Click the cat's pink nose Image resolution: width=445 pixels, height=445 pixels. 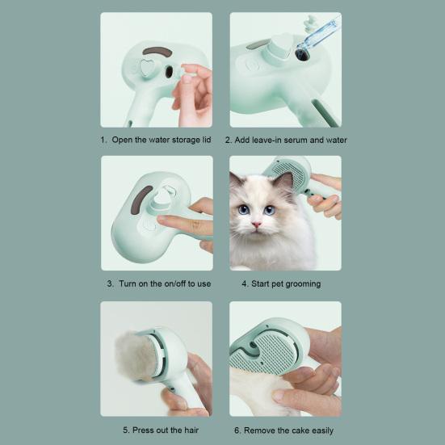pos(256,225)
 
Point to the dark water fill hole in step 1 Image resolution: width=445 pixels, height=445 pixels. pos(169,72)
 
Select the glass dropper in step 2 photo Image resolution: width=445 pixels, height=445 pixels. pos(318,37)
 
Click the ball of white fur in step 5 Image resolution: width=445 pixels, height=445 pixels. pos(136,356)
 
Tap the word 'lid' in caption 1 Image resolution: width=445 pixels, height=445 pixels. pos(207,140)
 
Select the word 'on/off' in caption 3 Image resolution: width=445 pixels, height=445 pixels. pos(174,283)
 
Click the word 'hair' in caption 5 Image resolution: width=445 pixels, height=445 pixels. pos(191,430)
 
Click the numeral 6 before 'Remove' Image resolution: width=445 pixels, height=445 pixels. pos(237,430)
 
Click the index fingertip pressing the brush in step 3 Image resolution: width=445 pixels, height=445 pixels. pos(162,219)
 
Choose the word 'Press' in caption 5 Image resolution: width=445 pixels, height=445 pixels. pos(144,430)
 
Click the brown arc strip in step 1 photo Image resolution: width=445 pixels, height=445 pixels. pos(157,52)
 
